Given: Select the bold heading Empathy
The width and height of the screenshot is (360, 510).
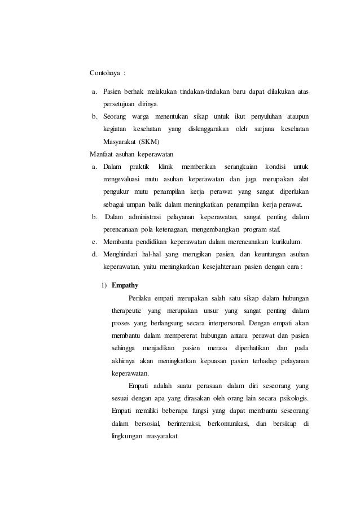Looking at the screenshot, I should click(125, 285).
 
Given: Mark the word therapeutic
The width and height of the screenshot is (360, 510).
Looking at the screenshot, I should click(127, 310).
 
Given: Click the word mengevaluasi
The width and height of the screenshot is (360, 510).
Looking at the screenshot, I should click(121, 178).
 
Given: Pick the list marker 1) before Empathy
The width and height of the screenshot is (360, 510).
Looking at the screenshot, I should click(105, 285).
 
